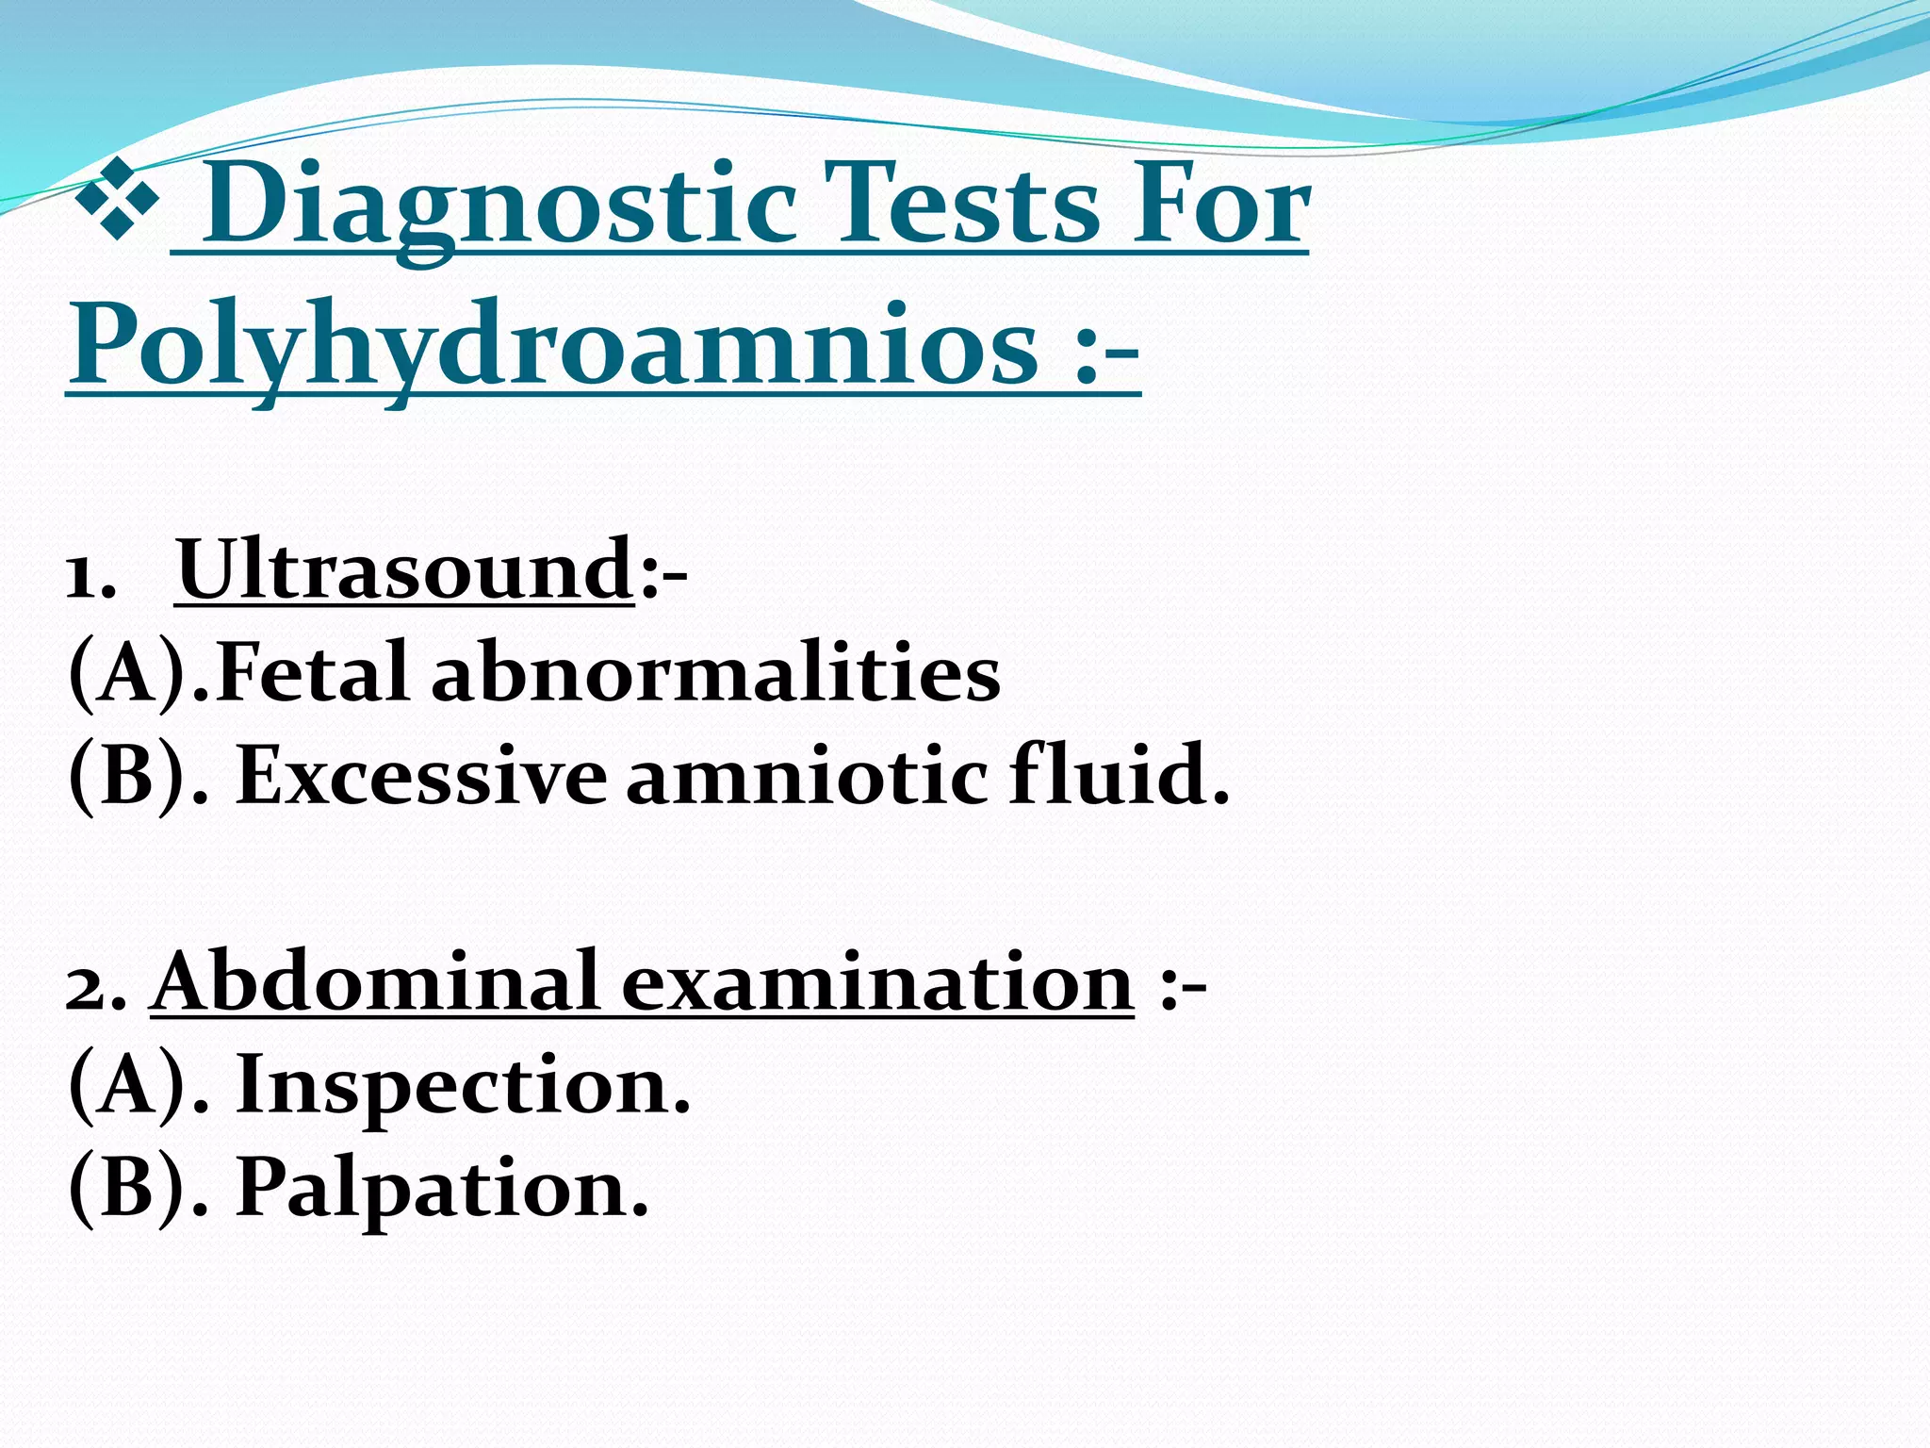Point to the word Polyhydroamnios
(x=552, y=349)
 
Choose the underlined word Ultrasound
(x=405, y=569)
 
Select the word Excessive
(x=421, y=776)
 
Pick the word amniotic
(x=807, y=776)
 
